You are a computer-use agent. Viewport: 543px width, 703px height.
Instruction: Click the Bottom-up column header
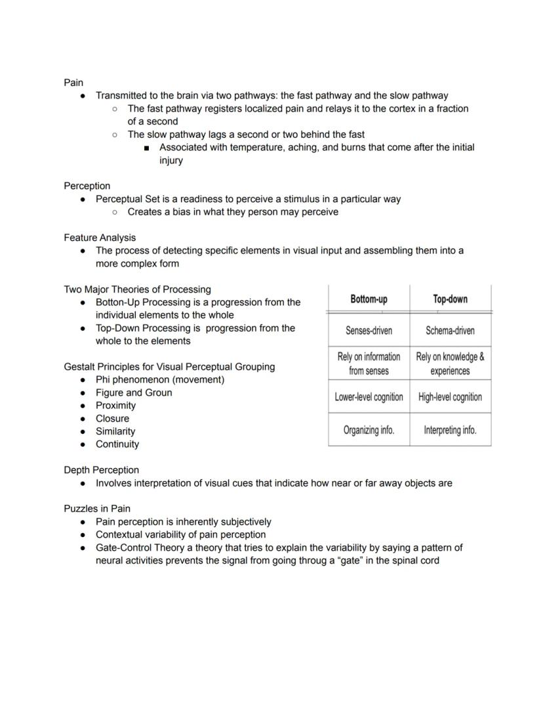pyautogui.click(x=369, y=299)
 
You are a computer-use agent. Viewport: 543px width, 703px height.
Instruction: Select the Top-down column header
pyautogui.click(x=450, y=299)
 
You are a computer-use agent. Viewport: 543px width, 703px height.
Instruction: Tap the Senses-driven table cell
pyautogui.click(x=369, y=330)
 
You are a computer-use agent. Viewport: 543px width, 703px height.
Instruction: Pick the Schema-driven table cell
pyautogui.click(x=450, y=330)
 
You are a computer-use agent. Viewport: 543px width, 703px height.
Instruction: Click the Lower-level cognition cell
pyautogui.click(x=369, y=397)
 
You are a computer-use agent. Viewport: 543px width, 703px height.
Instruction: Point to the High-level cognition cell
pyautogui.click(x=450, y=397)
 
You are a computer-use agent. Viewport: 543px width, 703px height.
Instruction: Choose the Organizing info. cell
pyautogui.click(x=369, y=431)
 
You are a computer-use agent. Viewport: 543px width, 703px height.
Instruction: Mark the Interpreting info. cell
pyautogui.click(x=450, y=431)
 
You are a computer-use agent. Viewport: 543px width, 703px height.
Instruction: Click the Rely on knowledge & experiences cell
pyautogui.click(x=450, y=364)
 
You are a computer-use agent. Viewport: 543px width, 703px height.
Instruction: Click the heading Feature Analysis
pyautogui.click(x=100, y=238)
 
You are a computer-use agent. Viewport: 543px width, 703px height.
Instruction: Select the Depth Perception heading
pyautogui.click(x=101, y=470)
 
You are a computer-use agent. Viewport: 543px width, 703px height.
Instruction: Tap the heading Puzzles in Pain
pyautogui.click(x=96, y=509)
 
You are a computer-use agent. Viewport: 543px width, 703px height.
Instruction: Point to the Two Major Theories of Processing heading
pyautogui.click(x=137, y=289)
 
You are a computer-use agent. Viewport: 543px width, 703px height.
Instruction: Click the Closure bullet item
pyautogui.click(x=112, y=418)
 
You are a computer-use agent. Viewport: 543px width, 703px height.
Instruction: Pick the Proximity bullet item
pyautogui.click(x=115, y=406)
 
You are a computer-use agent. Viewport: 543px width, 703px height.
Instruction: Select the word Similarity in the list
pyautogui.click(x=115, y=431)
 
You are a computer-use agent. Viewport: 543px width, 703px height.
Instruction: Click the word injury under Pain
pyautogui.click(x=171, y=160)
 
